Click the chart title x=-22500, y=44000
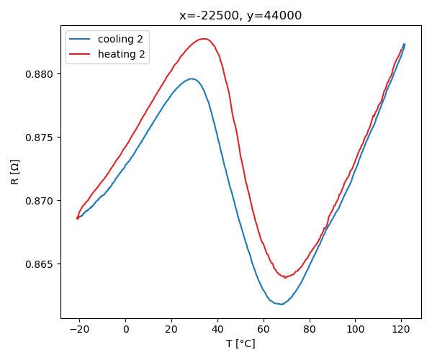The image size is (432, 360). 240,15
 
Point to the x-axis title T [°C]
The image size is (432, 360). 240,343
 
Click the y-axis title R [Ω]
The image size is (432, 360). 15,172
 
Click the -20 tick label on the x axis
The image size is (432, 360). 77,329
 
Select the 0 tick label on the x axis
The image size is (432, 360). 125,329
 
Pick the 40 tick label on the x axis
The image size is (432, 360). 217,329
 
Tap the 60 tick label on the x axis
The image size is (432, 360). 264,329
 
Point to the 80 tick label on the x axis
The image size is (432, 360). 309,329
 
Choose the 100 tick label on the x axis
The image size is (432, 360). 355,329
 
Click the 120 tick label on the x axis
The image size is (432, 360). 401,329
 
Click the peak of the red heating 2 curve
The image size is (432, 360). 204,39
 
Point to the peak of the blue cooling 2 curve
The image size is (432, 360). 192,78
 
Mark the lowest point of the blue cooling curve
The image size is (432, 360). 281,304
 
